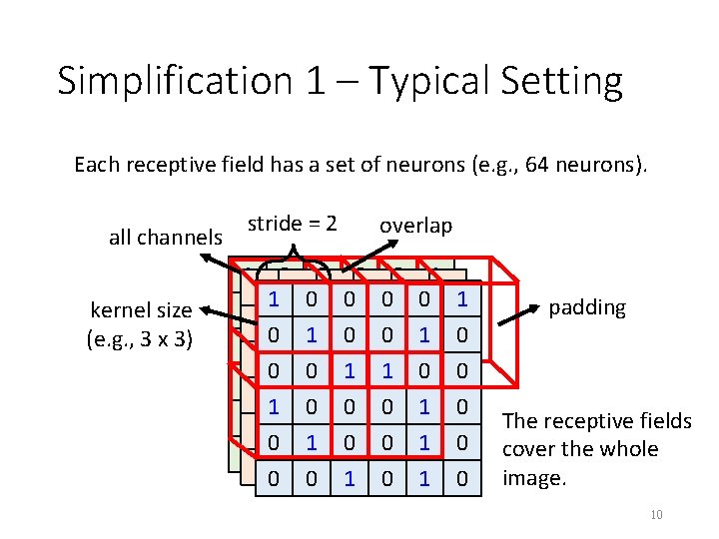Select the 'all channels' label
click(166, 237)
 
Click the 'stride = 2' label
click(292, 223)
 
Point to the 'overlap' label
click(415, 226)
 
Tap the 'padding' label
click(587, 306)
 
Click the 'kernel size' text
click(141, 309)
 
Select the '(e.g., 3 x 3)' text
click(140, 337)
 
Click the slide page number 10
click(656, 514)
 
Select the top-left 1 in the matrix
click(274, 298)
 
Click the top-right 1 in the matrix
click(460, 298)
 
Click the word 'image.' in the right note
click(534, 478)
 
